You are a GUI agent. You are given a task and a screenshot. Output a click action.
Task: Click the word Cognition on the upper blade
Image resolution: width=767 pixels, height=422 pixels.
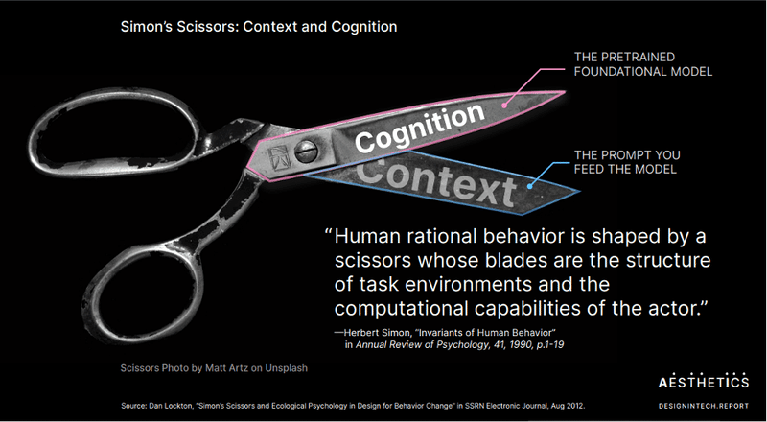click(420, 128)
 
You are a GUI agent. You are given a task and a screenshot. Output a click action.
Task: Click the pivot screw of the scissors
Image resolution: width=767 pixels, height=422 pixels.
click(305, 152)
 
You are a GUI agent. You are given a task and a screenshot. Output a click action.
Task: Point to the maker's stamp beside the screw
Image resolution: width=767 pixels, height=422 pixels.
click(278, 156)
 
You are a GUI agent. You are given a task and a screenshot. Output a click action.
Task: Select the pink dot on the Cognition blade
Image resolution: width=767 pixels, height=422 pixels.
click(506, 104)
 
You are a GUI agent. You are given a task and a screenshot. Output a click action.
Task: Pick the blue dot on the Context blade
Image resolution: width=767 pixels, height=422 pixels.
click(530, 186)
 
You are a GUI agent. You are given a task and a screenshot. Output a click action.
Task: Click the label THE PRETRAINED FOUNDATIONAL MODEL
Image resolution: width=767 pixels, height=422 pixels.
click(642, 64)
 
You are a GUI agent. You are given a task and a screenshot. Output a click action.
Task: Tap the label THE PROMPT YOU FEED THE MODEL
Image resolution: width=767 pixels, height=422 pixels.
click(627, 162)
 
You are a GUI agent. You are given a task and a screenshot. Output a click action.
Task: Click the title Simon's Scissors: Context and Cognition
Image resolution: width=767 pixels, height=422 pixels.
click(259, 27)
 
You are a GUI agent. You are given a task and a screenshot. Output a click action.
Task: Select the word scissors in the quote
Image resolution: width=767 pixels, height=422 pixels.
click(373, 260)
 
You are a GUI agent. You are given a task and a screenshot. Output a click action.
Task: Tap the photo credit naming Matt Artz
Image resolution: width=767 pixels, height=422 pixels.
click(214, 367)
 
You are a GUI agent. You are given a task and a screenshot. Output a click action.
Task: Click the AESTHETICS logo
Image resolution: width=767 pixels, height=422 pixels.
click(704, 382)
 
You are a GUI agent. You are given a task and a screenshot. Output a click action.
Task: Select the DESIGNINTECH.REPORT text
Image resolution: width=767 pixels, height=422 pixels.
click(704, 406)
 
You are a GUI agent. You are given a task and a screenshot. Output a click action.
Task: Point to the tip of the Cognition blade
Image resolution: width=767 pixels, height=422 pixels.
click(565, 91)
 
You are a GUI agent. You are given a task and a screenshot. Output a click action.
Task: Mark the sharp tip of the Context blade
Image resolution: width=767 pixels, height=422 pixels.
click(579, 191)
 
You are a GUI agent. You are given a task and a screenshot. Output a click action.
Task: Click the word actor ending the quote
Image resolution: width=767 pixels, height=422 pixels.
click(677, 309)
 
